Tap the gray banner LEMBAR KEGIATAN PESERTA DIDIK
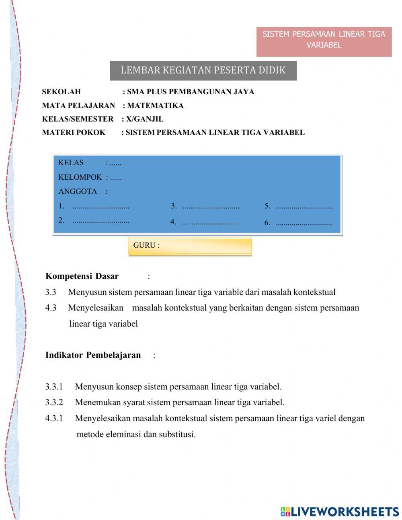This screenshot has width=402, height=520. coord(203,70)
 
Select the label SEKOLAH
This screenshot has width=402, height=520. coord(61,92)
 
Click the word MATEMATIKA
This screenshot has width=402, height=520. coord(155,106)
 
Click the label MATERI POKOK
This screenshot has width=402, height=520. coord(74,133)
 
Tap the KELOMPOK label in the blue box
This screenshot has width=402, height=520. coord(80,177)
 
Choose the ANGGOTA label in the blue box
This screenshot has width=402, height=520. coord(78,191)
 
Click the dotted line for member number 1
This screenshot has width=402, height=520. coord(101,207)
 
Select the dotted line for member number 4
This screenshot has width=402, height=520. coord(210,222)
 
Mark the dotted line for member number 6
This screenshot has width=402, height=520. coord(304,223)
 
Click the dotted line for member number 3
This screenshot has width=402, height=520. coord(211,207)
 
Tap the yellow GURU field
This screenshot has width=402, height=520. coord(190,246)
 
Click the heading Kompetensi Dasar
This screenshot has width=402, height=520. coord(82,276)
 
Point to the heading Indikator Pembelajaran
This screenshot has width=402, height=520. coord(93,355)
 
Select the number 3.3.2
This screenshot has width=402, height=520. coord(54,402)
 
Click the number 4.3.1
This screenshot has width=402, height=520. coord(54,418)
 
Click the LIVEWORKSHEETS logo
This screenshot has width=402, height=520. coord(340,512)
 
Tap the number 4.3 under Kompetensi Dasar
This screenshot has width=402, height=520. coord(51,308)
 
